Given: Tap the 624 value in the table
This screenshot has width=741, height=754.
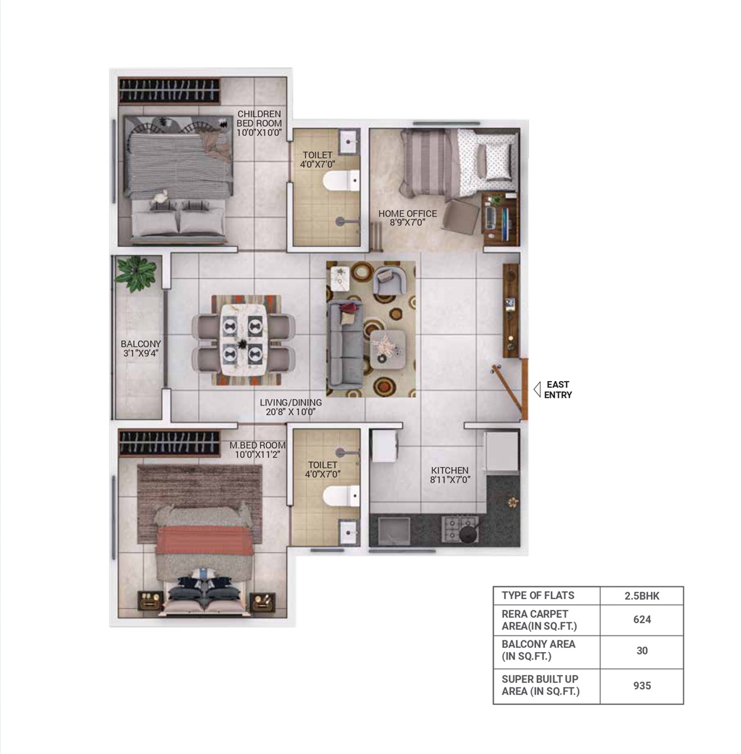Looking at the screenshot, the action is coord(642,619).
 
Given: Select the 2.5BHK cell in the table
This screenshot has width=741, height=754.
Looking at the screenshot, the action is coord(642,595).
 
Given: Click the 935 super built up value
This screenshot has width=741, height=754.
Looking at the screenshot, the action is coord(642,685).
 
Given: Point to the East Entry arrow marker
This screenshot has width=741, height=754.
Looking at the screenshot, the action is coord(537,389).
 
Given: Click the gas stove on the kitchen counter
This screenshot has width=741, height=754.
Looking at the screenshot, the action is coord(460,529).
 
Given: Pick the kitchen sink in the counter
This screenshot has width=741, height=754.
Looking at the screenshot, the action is coord(395,531).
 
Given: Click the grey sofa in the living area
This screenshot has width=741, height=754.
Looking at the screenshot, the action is coord(345,344).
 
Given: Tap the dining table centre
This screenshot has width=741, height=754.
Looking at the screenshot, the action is coord(243,339).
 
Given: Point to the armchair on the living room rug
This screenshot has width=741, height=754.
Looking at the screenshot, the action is coord(389,280).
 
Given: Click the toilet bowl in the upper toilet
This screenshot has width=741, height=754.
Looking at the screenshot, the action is coord(341,180).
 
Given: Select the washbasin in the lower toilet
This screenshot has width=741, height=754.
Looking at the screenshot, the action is coord(349,531).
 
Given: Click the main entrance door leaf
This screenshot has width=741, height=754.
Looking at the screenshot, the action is coord(508,392).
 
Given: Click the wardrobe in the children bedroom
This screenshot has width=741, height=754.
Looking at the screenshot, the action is coord(169,90).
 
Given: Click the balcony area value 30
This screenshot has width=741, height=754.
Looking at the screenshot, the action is coord(642,650).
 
